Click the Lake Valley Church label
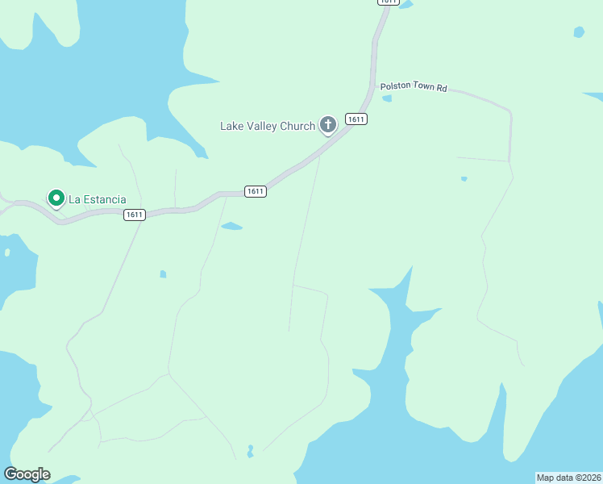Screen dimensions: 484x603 [x=268, y=126]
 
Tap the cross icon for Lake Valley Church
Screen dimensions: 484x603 [x=327, y=124]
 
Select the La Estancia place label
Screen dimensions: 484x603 [x=97, y=199]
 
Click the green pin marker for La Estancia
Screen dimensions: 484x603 [x=56, y=198]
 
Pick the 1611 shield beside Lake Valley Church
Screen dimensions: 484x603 [x=356, y=119]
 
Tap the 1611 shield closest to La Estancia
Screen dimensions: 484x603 [x=134, y=215]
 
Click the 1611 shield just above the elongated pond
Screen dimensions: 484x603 [x=255, y=191]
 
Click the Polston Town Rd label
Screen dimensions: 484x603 [x=413, y=87]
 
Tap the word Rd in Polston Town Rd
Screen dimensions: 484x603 [x=441, y=87]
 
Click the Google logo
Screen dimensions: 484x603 [x=27, y=474]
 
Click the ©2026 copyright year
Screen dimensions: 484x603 [x=588, y=478]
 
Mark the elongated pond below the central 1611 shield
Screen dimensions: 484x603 [x=231, y=226]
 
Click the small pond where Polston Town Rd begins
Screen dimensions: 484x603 [x=387, y=98]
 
